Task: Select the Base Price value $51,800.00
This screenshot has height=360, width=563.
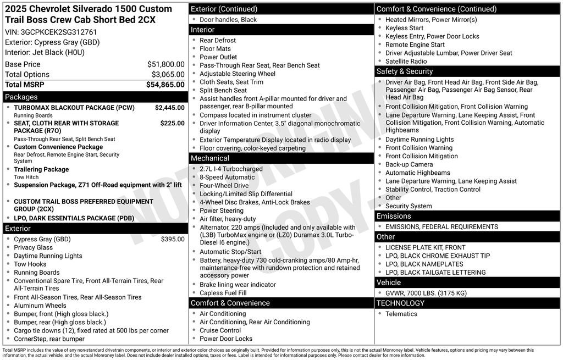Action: (165, 64)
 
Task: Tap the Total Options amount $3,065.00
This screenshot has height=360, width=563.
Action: (168, 74)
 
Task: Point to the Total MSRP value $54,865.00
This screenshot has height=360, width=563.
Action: (165, 85)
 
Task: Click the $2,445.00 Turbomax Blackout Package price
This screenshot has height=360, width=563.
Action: (169, 108)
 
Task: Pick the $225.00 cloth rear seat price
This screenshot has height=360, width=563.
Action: (172, 123)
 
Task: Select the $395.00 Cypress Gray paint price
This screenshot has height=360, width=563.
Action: (173, 239)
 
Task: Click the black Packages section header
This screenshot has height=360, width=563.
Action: (21, 97)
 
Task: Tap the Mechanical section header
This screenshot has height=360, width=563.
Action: (210, 158)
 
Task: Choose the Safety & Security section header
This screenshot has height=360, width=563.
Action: (404, 71)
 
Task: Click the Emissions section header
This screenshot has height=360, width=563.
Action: (394, 216)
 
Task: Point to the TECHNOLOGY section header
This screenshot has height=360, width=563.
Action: (400, 303)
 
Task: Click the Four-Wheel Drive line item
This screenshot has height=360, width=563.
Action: (224, 186)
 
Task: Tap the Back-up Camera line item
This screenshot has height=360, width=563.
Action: (409, 164)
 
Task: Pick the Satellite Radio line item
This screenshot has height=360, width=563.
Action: (406, 61)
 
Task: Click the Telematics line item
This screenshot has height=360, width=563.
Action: (401, 314)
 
